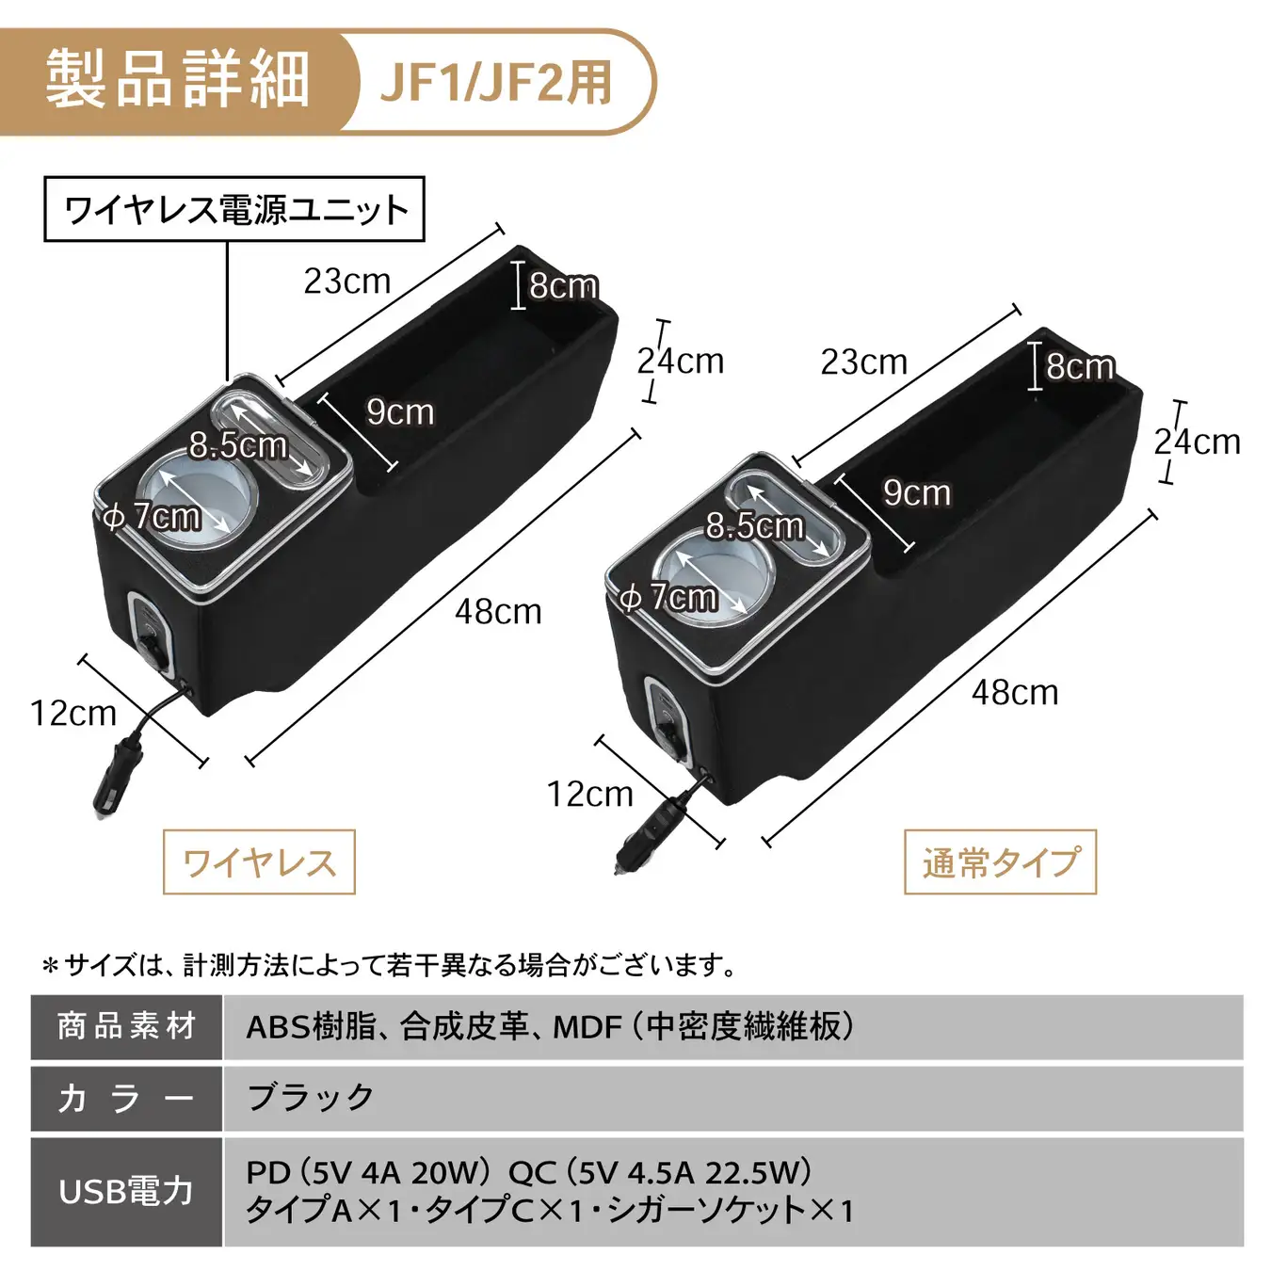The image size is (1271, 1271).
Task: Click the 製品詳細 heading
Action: pyautogui.click(x=177, y=81)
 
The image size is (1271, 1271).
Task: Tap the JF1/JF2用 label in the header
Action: pyautogui.click(x=496, y=83)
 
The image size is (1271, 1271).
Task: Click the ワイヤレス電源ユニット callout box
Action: pyautogui.click(x=234, y=209)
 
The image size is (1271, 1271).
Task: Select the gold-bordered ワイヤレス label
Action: pyautogui.click(x=259, y=862)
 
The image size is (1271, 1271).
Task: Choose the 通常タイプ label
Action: pyautogui.click(x=1000, y=862)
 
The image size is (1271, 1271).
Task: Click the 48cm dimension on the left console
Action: pyautogui.click(x=498, y=611)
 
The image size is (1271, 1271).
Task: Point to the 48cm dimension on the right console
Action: pyautogui.click(x=1014, y=693)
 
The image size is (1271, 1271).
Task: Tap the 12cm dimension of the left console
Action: pyautogui.click(x=73, y=714)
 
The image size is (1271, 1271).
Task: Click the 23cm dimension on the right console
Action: pyautogui.click(x=864, y=362)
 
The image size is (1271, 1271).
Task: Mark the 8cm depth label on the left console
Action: pyautogui.click(x=563, y=285)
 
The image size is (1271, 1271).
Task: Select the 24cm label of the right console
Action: pyautogui.click(x=1198, y=442)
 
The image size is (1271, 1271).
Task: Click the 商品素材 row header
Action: pyautogui.click(x=127, y=1027)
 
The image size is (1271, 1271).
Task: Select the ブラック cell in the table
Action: pyautogui.click(x=310, y=1098)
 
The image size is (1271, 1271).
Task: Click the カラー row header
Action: pyautogui.click(x=127, y=1098)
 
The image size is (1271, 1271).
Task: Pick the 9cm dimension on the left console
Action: pyautogui.click(x=400, y=412)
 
